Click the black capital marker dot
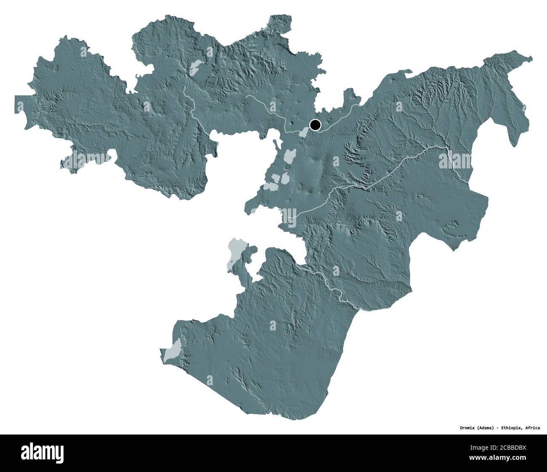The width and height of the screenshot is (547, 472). pyautogui.click(x=315, y=125)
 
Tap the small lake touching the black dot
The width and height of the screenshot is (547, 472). pyautogui.click(x=304, y=131)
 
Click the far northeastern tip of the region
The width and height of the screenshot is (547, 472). pyautogui.click(x=531, y=58)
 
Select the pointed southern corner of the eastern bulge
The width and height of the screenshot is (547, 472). pyautogui.click(x=453, y=250)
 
